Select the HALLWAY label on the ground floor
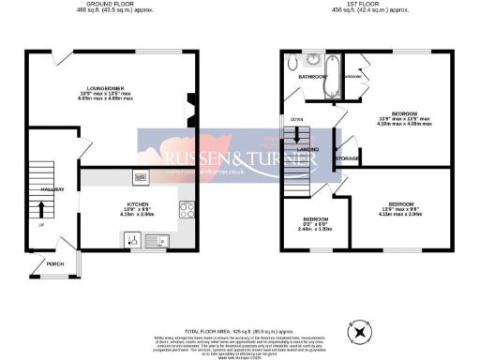pos(52,189)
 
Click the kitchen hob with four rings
pos(187,210)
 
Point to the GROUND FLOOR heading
pos(112,5)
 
